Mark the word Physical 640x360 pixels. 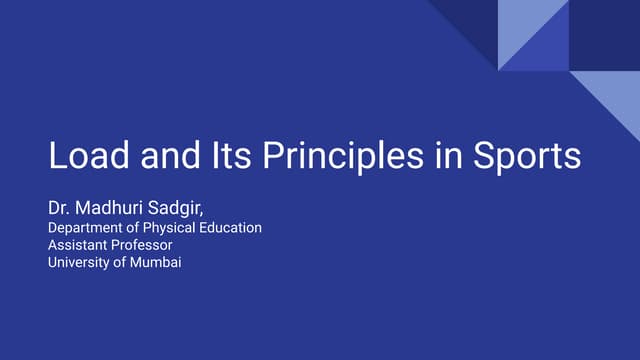point(176,228)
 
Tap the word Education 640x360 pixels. point(233,228)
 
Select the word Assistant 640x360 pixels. point(78,245)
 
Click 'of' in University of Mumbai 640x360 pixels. point(122,263)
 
